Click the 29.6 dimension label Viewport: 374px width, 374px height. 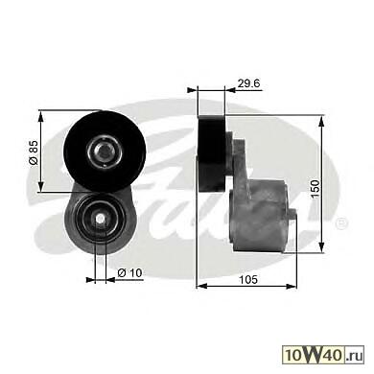248,83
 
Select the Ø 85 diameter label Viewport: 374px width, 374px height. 34,152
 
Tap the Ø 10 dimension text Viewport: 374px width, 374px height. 129,273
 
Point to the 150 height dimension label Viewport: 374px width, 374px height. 316,189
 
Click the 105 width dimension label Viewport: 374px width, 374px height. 248,279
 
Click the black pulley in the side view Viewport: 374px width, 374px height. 212,153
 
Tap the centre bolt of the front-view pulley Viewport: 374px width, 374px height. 105,151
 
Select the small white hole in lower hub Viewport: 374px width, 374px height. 101,219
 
